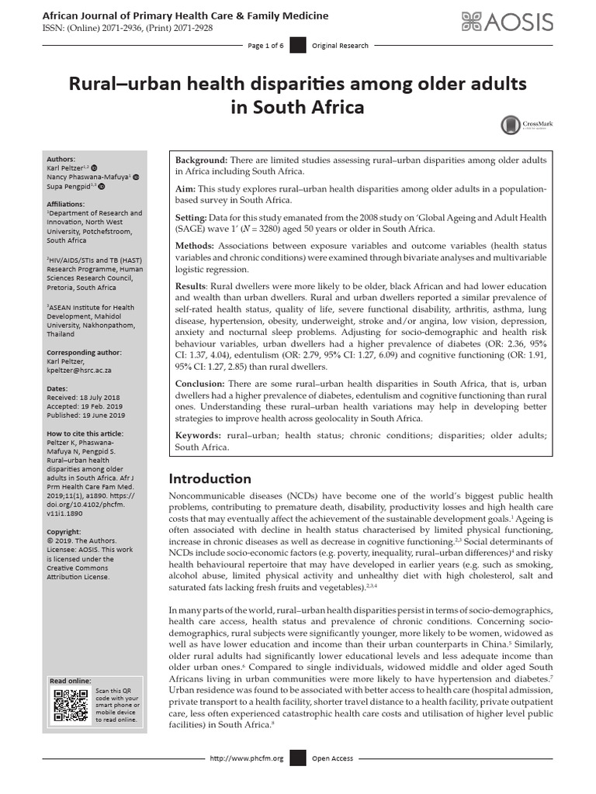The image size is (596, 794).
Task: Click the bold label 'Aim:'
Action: [x=187, y=188]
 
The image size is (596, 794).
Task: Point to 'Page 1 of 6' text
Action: [x=265, y=46]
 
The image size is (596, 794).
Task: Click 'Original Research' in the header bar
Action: [x=340, y=46]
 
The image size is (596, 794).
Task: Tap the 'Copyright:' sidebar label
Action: [x=64, y=533]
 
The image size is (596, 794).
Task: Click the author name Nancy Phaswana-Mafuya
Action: [x=88, y=177]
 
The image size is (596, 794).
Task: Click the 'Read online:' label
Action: [x=71, y=680]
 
